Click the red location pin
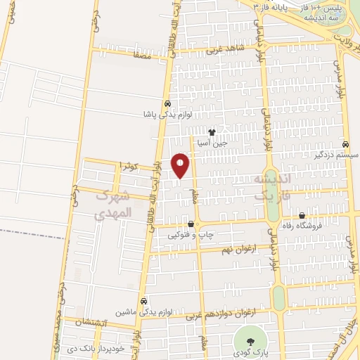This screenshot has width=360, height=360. [x=181, y=165]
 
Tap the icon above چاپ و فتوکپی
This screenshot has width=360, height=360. [x=191, y=224]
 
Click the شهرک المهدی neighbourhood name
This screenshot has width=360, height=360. [x=112, y=204]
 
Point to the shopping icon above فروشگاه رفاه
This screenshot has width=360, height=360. [x=302, y=216]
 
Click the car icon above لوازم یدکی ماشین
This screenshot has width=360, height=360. [x=143, y=299]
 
